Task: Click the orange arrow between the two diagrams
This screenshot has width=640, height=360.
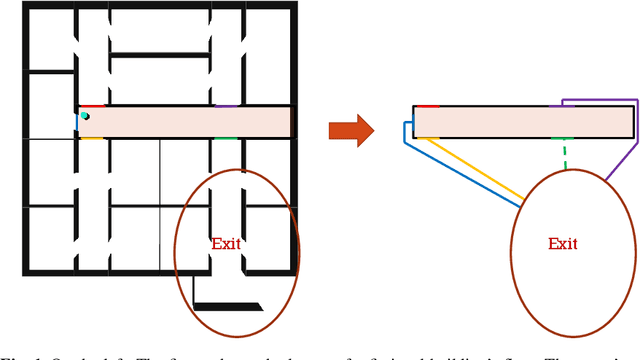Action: point(350,130)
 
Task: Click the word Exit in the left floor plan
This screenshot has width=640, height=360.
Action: point(226,243)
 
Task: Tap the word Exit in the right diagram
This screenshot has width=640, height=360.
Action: point(563,244)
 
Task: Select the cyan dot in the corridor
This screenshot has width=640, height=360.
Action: point(85,116)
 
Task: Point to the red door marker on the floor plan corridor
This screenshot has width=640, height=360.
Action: point(92,105)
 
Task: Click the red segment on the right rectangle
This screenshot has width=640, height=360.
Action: point(427,105)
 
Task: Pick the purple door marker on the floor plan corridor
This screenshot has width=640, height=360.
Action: point(227,105)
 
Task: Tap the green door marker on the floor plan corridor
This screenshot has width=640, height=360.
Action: point(226,138)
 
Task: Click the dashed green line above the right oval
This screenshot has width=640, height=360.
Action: point(565,154)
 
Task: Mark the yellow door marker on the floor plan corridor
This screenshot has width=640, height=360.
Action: point(92,138)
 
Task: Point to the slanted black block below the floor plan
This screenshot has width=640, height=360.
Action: point(227,306)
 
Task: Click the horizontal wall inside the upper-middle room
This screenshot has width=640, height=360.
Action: point(160,56)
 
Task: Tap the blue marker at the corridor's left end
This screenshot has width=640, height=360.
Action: point(78,122)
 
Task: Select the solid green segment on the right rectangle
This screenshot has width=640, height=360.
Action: point(563,138)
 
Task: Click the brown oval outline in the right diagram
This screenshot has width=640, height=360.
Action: point(511,243)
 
